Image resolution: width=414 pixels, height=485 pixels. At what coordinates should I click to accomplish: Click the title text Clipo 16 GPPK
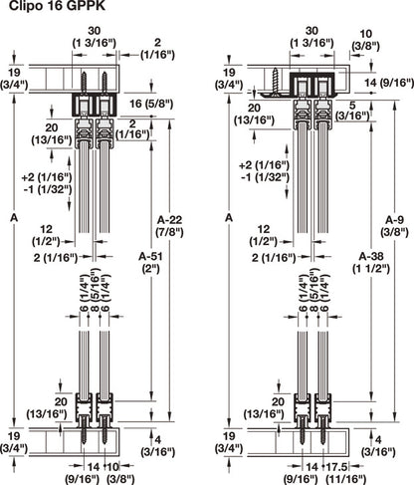point(49,8)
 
